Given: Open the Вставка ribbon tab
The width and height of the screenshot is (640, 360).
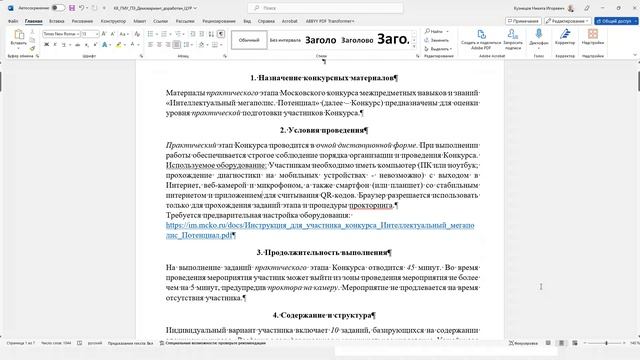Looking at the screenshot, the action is [58, 20].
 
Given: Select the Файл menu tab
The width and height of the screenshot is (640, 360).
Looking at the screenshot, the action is [12, 20].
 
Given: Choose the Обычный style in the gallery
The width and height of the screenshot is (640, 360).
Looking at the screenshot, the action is [248, 40].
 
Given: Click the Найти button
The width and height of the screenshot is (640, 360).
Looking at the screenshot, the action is [438, 33].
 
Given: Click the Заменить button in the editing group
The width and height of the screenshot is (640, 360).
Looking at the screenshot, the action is [441, 40].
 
